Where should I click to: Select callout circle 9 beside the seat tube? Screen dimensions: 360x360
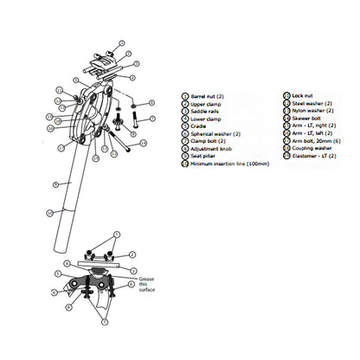click(x=55, y=184)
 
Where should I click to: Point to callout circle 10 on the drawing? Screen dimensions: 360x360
click(x=49, y=213)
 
